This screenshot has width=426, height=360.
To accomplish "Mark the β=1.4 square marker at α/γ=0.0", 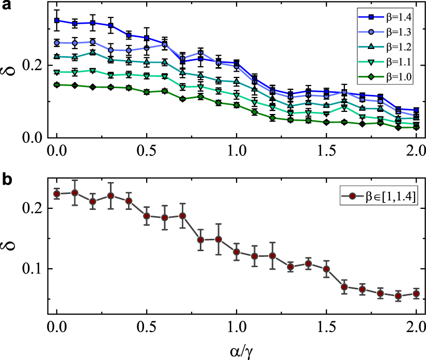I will pyautogui.click(x=57, y=21).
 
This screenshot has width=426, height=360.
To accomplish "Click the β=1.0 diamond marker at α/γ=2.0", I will pyautogui.click(x=416, y=127).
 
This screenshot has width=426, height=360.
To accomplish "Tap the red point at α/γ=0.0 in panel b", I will pyautogui.click(x=57, y=194).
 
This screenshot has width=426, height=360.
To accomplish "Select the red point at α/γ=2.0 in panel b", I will pyautogui.click(x=416, y=294).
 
